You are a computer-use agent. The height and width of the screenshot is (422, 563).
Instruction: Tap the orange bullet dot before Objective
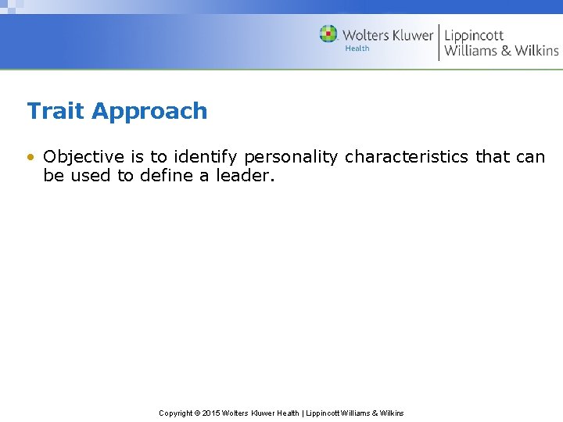[x=30, y=157]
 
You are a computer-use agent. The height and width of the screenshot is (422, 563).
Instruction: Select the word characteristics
[x=406, y=157]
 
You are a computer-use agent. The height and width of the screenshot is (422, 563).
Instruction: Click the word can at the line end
[x=531, y=157]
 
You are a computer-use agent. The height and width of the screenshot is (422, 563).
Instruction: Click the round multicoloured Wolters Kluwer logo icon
[x=328, y=34]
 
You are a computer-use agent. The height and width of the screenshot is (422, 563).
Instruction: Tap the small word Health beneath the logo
[x=357, y=48]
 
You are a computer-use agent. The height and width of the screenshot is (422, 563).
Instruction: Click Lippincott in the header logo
[x=474, y=36]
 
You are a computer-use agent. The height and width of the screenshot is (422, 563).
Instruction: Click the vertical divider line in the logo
[x=439, y=42]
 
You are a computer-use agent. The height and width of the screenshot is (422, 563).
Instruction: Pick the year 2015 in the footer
[x=212, y=413]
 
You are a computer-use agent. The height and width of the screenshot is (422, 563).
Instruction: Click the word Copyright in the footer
[x=176, y=413]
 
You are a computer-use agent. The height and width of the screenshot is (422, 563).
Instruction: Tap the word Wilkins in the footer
[x=391, y=413]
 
